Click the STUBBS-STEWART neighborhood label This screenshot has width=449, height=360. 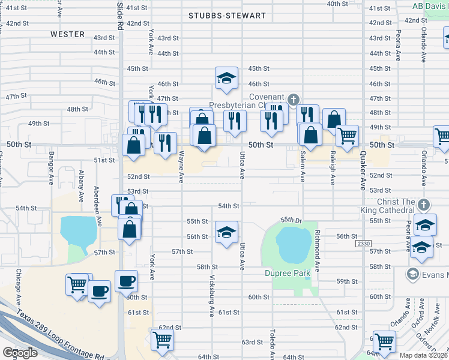point(226,15)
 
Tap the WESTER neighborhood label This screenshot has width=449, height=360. point(67,34)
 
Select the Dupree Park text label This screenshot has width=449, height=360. point(287,274)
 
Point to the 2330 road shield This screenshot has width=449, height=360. point(363,244)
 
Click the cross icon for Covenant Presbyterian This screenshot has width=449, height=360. point(293,99)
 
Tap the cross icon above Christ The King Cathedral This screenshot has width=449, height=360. point(424,205)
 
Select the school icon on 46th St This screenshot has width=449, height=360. point(226,79)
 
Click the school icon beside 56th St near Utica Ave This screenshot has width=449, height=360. point(226,232)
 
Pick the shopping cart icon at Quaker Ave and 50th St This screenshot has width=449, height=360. point(347,136)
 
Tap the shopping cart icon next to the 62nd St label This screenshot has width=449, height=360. point(162,340)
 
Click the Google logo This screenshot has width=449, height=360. point(20,353)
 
